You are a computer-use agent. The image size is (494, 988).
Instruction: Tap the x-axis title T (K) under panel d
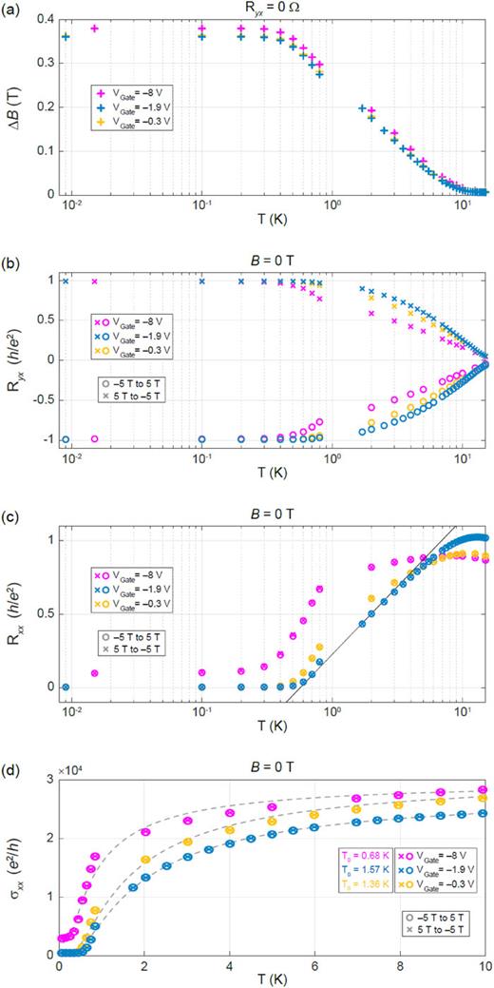click(x=271, y=979)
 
